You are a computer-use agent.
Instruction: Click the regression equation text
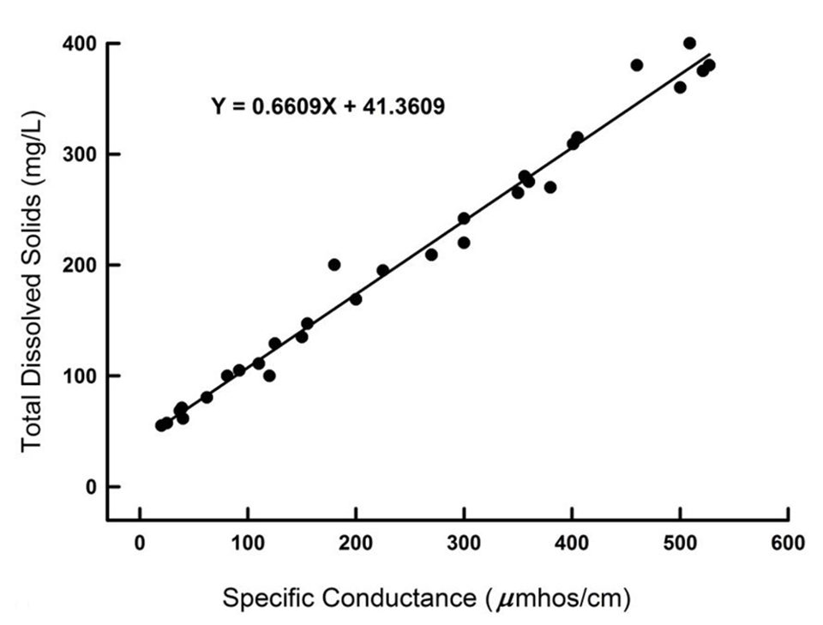[327, 106]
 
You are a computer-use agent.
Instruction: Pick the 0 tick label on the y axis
[90, 486]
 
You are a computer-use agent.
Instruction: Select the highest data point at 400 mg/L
[689, 43]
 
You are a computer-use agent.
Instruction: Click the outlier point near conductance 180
[334, 264]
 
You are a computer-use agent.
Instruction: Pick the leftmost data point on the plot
[160, 425]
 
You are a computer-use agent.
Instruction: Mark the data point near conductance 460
[636, 65]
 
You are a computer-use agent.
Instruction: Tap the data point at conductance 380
[550, 187]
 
